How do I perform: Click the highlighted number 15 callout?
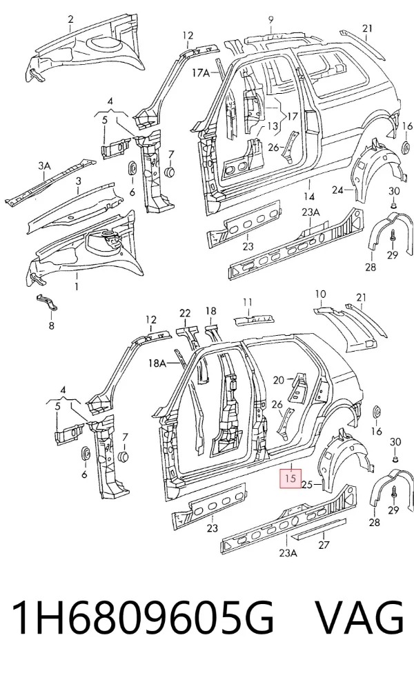click(290, 478)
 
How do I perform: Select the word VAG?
click(360, 618)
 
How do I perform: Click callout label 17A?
click(201, 73)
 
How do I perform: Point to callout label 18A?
click(157, 363)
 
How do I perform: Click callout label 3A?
click(44, 165)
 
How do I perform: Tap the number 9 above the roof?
click(270, 19)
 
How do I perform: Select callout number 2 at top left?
click(70, 19)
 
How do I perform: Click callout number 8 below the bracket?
click(52, 325)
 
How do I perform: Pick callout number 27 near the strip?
click(324, 545)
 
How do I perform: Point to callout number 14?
click(309, 197)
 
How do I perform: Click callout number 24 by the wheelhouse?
click(338, 189)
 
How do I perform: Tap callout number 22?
click(185, 313)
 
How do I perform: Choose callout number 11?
click(247, 302)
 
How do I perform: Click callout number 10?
click(320, 294)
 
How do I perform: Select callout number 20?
click(279, 380)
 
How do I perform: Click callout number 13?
click(273, 126)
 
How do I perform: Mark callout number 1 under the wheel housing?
click(77, 286)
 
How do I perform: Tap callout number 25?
click(306, 485)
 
